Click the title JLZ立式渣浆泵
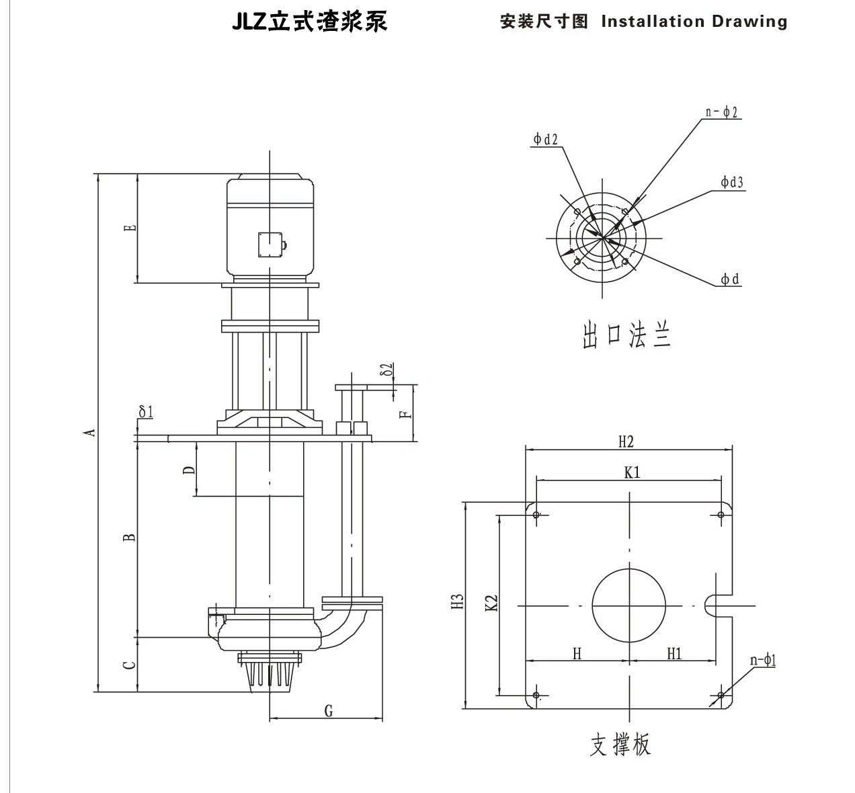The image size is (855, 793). click(310, 22)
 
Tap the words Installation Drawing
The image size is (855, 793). click(694, 22)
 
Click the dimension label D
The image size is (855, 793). click(190, 469)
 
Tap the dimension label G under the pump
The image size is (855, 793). click(328, 710)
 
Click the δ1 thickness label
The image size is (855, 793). click(145, 411)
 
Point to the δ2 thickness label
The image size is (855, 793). click(386, 370)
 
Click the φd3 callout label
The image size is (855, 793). click(731, 182)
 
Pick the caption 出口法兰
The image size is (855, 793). click(626, 335)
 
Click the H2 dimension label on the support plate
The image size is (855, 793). click(626, 442)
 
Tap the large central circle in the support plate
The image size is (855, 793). click(628, 606)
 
